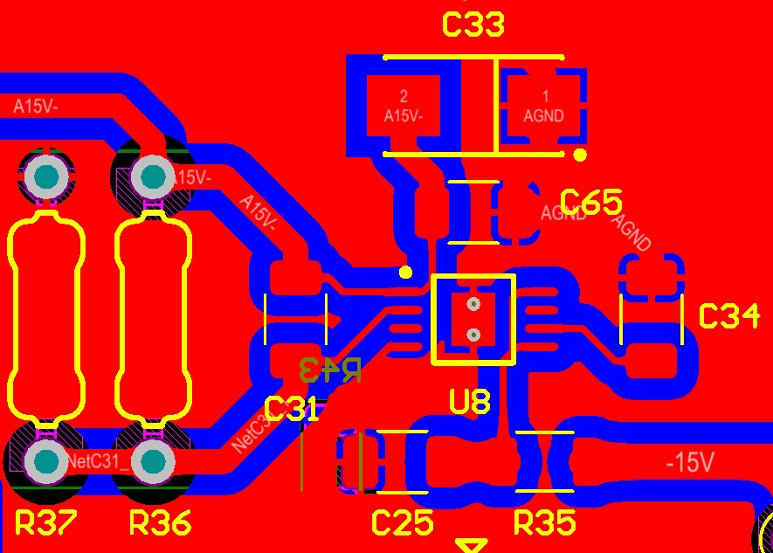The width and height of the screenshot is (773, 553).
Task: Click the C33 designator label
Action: coord(473,24)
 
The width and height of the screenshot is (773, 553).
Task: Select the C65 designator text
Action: coord(590,203)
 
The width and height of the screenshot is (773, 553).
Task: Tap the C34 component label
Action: coord(729,316)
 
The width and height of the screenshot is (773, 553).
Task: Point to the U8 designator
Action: coord(470,401)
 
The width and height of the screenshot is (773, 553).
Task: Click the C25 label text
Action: coord(403,522)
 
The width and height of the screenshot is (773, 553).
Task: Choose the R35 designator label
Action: coord(545,522)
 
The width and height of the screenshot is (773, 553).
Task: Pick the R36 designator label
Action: coord(161,522)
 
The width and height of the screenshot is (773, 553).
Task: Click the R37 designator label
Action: coord(46,522)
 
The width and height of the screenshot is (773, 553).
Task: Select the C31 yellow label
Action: coord(291,408)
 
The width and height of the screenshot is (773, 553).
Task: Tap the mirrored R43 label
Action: coord(329,370)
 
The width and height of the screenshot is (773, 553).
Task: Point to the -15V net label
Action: coord(690,462)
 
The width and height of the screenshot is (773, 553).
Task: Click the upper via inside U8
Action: coord(473,305)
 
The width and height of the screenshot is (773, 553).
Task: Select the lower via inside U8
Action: coord(473,334)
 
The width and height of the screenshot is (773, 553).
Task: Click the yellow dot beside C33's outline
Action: coord(580,156)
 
